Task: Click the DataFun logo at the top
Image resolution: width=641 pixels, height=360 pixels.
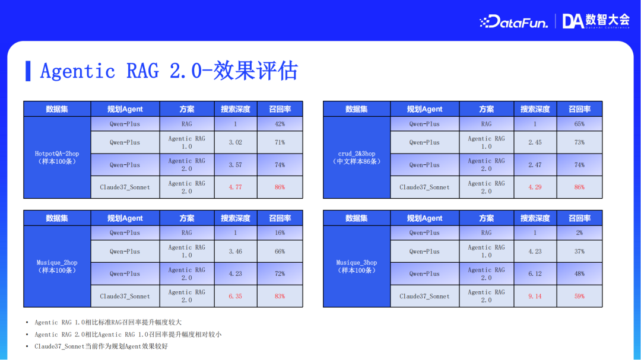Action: pyautogui.click(x=513, y=22)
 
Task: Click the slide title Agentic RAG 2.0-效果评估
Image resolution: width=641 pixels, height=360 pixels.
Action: pyautogui.click(x=169, y=71)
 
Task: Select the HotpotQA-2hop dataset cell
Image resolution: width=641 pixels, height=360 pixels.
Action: pyautogui.click(x=57, y=157)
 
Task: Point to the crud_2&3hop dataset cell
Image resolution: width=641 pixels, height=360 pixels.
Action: pyautogui.click(x=357, y=157)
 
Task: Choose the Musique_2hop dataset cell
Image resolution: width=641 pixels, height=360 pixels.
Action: pyautogui.click(x=57, y=266)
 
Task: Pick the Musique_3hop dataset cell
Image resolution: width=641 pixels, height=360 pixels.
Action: pyautogui.click(x=357, y=266)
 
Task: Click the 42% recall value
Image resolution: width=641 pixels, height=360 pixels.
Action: pyautogui.click(x=280, y=124)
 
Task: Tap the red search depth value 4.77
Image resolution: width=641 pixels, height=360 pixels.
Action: pyautogui.click(x=235, y=187)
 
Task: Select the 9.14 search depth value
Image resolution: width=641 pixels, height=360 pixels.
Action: pyautogui.click(x=535, y=296)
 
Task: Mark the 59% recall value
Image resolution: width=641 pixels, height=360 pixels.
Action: pyautogui.click(x=579, y=296)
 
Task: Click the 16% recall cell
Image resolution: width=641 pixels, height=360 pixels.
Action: pyautogui.click(x=280, y=233)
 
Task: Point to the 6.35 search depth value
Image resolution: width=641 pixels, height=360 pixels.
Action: pyautogui.click(x=235, y=296)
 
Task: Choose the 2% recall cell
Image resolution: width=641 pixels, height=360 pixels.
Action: pyautogui.click(x=579, y=233)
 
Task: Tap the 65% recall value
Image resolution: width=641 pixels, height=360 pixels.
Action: pyautogui.click(x=579, y=124)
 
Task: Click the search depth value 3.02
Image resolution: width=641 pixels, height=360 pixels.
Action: pyautogui.click(x=235, y=142)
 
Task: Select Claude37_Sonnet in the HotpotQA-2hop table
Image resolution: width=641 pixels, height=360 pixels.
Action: pyautogui.click(x=125, y=187)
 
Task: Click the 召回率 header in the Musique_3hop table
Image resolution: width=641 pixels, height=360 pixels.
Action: pyautogui.click(x=579, y=218)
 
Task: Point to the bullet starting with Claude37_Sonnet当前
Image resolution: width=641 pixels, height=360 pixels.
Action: pyautogui.click(x=101, y=346)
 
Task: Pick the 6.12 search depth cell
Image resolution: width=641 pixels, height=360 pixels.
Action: pyautogui.click(x=535, y=273)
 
